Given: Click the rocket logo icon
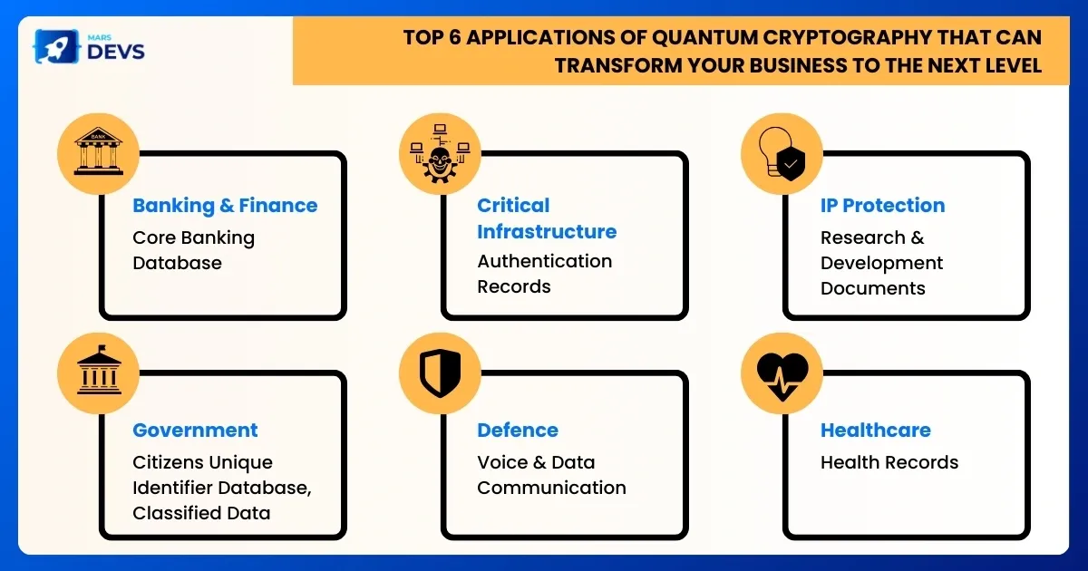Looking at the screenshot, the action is coord(56,46).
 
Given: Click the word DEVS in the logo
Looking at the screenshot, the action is coord(116,52).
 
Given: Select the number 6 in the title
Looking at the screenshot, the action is coord(454,37).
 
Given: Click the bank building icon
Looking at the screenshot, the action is coord(99,151).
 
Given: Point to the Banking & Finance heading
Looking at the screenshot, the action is coord(225,206).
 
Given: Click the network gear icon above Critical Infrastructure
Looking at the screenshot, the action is coord(440,153).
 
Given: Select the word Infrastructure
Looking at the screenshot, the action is coord(547,232).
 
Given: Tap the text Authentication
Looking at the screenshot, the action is coord(545,261).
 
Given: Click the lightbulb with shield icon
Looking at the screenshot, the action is coord(782,153).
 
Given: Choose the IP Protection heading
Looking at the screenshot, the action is coord(882,206).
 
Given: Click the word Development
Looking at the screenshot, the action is coord(881,263).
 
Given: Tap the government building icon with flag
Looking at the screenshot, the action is coord(99,370).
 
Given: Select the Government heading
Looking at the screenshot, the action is coord(195,431).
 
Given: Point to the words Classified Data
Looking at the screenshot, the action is coord(201,513).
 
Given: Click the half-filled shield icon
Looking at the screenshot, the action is coord(440,373).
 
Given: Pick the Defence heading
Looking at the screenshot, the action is coord(518,431).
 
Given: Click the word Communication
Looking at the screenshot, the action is coord(551,488).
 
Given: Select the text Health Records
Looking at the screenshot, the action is coord(889,463).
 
